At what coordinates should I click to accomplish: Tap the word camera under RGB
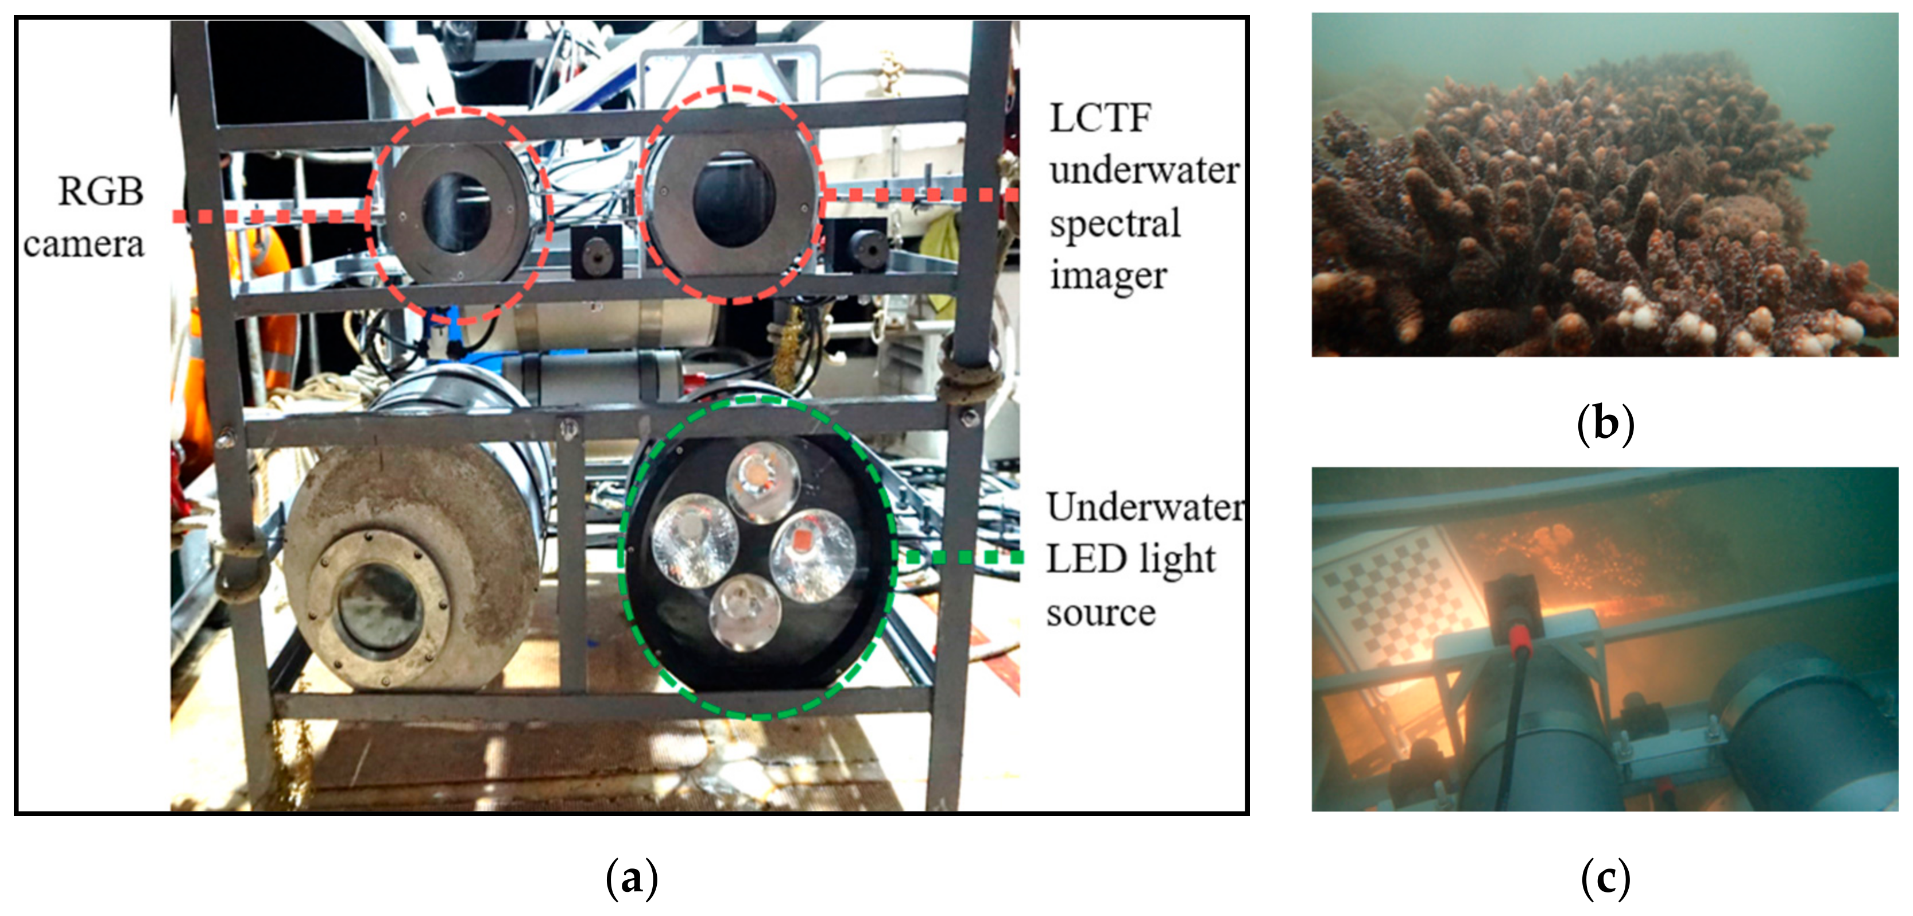(83, 244)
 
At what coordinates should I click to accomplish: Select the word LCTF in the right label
(1100, 118)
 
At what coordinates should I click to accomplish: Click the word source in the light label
(1101, 613)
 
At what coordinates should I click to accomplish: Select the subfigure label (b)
(1605, 424)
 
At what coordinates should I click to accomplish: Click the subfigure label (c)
(1605, 878)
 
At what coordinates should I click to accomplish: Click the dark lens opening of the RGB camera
(456, 214)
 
